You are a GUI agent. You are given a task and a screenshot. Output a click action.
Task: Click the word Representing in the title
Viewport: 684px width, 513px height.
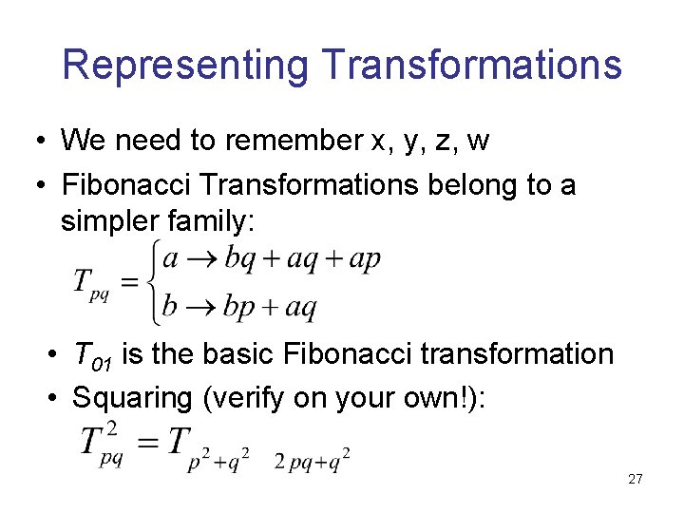[186, 66]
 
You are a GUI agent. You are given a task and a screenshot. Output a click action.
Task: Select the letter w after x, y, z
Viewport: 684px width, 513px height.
[479, 141]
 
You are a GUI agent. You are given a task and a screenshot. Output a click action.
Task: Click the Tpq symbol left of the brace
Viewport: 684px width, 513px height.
[92, 284]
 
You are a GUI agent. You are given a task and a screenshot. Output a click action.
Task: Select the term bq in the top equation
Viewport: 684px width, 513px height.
[238, 258]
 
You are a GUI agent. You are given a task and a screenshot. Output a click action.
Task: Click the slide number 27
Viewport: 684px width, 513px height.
[636, 480]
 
